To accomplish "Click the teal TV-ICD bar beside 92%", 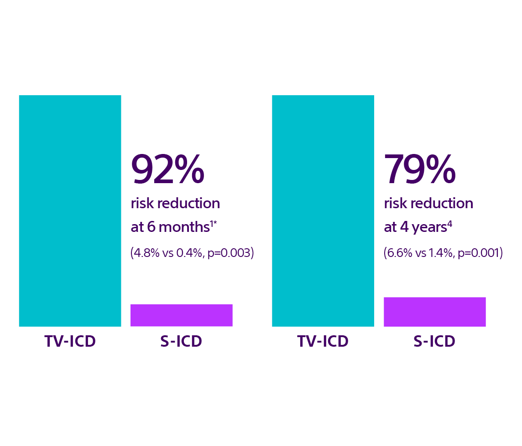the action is coord(70,211).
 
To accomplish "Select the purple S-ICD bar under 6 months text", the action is coord(182,315).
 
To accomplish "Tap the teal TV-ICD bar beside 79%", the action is coord(323,211).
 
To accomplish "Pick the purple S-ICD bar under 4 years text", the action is coord(435,312).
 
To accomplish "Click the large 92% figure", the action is coord(168,169).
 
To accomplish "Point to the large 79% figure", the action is coord(420,169).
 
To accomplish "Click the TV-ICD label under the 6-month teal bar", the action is coord(70,341).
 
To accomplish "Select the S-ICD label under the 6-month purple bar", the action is coord(181,341).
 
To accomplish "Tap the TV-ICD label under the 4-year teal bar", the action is coord(323,341).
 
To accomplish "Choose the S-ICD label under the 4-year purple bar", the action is coord(434,341).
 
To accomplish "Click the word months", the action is coord(184,227).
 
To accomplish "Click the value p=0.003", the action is coord(229,253).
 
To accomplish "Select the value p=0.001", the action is coord(478,253).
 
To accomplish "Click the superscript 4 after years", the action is coord(450,224).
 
